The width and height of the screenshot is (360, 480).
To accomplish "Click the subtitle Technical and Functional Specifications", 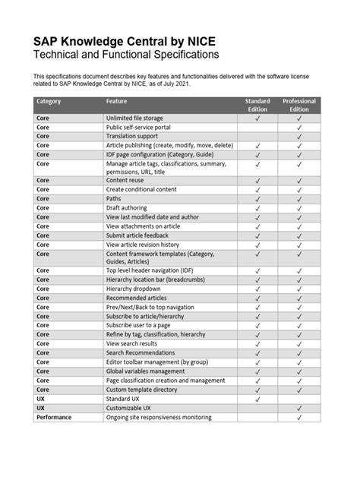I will [125, 55].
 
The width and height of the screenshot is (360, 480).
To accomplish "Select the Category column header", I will [49, 102].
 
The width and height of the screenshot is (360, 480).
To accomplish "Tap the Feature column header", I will [117, 102].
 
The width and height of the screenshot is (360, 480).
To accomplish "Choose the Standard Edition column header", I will [257, 106].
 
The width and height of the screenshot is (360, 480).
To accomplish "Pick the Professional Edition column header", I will [299, 106].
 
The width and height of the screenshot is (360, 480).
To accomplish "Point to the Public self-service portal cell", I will [138, 128].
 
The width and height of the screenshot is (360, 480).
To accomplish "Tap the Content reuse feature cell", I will [126, 181].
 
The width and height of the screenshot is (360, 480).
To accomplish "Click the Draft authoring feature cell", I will [128, 208].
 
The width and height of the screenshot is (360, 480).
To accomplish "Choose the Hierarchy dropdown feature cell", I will [133, 289].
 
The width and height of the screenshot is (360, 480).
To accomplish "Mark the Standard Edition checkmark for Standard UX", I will [257, 398].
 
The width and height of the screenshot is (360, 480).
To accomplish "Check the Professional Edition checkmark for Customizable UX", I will [299, 407].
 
